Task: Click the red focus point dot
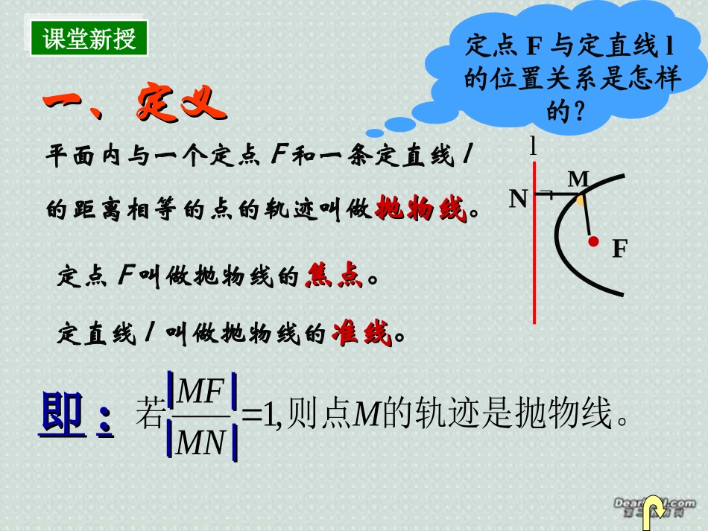(x=593, y=241)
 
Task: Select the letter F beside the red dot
(x=619, y=249)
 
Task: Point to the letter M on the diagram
(x=578, y=179)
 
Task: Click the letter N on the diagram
(x=519, y=198)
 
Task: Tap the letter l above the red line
(x=534, y=146)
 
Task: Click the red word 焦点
(x=333, y=278)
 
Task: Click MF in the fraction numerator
(x=202, y=390)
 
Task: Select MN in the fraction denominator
(x=202, y=445)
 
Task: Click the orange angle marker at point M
(x=580, y=200)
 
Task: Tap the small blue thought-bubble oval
(x=400, y=124)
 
